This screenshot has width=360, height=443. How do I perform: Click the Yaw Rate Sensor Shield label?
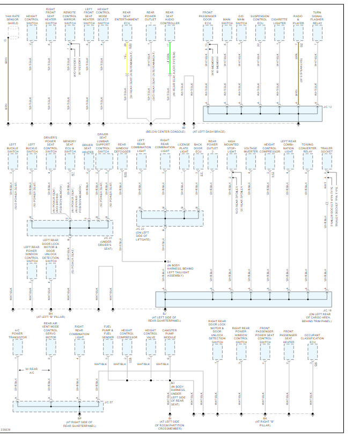coord(12,20)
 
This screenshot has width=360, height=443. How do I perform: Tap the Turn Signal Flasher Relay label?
coord(317,18)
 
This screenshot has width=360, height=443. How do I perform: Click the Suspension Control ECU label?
coord(260,20)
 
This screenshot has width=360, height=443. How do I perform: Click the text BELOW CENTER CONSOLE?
coord(165,131)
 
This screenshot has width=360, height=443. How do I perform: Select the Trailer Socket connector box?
coord(327,161)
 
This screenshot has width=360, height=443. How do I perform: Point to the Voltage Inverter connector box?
coord(251,161)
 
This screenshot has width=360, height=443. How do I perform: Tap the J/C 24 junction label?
coord(107,237)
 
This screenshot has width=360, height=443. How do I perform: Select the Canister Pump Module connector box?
coord(170,347)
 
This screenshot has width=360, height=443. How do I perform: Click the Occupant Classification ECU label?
coord(312,336)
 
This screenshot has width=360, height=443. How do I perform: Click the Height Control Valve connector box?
coord(151,347)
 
